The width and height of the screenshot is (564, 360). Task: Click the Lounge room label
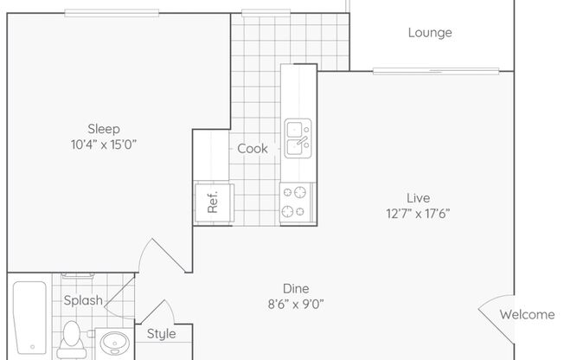coord(430,33)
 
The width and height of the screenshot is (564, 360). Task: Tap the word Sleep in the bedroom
coord(104,129)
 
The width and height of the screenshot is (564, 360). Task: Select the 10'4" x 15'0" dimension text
coord(104,145)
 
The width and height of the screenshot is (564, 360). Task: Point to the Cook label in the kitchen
coord(252,148)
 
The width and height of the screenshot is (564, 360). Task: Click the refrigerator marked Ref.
coord(215,202)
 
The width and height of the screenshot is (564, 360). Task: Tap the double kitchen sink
coord(298,138)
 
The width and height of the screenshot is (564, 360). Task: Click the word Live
coord(418,198)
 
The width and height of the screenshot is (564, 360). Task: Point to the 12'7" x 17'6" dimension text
coord(418,214)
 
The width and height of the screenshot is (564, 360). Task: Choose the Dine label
coord(296,289)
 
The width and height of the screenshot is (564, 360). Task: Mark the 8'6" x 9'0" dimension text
coord(296,305)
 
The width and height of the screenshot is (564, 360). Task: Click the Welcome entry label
coord(527,315)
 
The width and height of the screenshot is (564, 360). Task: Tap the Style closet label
coord(161,334)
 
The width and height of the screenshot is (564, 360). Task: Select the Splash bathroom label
coord(83,300)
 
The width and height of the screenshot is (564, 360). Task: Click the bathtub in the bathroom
coord(30,318)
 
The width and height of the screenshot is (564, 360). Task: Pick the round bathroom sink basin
coord(114,343)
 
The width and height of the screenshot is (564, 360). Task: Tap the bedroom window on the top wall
coord(112,13)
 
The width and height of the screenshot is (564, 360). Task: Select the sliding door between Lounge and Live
coord(436,71)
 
